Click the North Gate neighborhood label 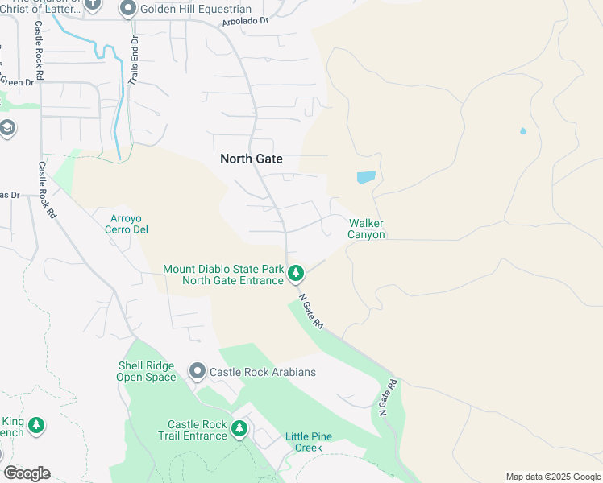(251, 159)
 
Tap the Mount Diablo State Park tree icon (296, 275)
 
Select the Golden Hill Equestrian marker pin (127, 10)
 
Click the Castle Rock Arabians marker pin (198, 372)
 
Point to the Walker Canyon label (366, 229)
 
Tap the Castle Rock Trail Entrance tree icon (239, 430)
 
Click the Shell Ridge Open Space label (146, 372)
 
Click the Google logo (27, 473)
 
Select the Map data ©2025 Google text (552, 477)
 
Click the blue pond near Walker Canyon (365, 177)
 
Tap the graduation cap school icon (7, 129)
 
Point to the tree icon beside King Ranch (35, 426)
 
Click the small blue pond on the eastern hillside (523, 130)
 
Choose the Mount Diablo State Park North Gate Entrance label (223, 275)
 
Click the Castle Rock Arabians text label (263, 372)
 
